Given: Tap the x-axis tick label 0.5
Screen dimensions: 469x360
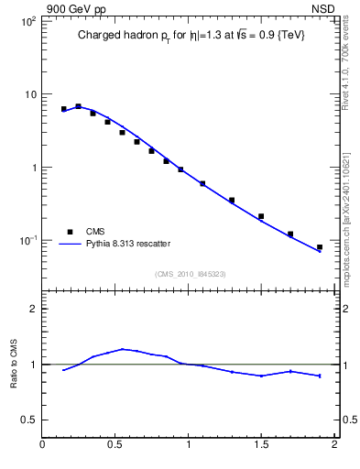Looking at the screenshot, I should (x=115, y=445).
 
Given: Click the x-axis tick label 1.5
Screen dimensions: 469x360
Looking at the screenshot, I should (x=261, y=445).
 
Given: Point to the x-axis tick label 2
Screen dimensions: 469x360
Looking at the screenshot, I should (x=334, y=445).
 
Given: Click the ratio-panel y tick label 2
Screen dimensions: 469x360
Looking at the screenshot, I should (x=32, y=309).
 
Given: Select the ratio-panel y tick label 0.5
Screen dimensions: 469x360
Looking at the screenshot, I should (x=29, y=420).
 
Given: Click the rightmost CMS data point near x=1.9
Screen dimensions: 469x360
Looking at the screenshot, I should (x=320, y=247).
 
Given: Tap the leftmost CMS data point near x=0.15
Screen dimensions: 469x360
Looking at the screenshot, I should (x=64, y=109).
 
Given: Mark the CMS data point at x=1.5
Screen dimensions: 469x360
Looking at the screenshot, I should (x=261, y=216).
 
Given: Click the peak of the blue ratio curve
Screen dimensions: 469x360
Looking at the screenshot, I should (x=123, y=349).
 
